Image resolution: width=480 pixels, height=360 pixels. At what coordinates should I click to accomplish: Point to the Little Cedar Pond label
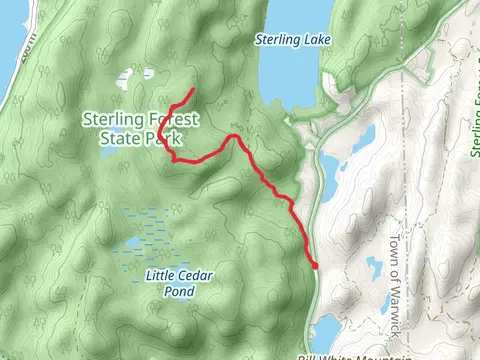pos(181,282)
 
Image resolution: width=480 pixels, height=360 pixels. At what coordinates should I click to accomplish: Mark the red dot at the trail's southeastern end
pos(315,265)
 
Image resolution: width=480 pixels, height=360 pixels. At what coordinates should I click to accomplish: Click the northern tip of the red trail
pos(191,90)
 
